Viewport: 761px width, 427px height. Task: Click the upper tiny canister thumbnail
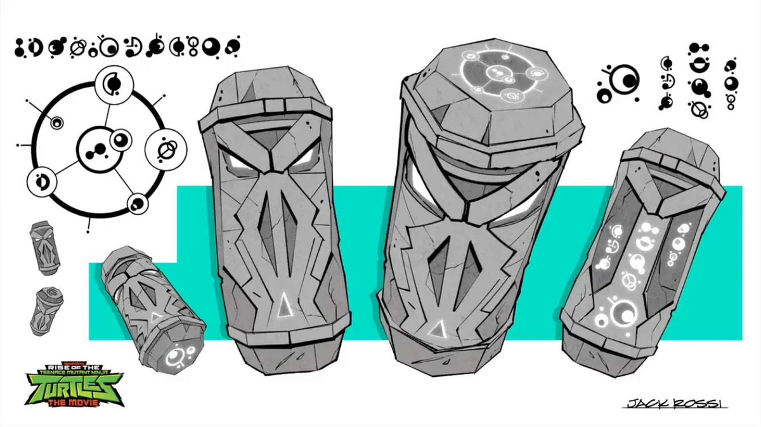coord(45,248)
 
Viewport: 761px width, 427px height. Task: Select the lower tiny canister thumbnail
coord(47,310)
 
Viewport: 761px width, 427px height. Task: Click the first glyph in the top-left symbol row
coord(20,47)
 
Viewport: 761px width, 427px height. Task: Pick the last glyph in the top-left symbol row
coord(233,47)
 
